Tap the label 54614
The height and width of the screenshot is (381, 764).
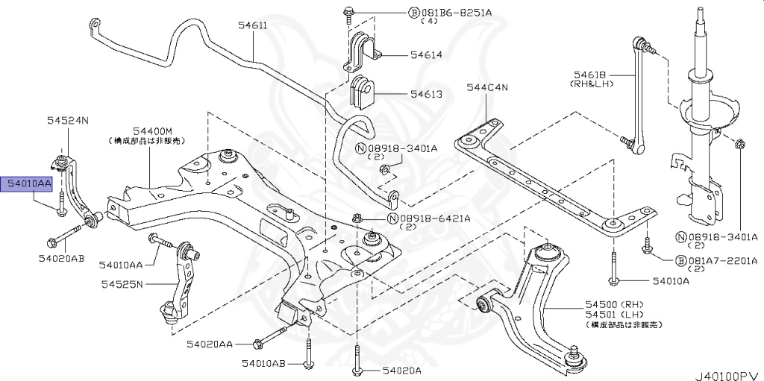[425, 55]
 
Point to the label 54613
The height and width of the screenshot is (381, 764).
[425, 95]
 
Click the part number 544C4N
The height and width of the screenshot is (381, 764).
[486, 87]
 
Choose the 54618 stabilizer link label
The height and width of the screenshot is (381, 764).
[592, 75]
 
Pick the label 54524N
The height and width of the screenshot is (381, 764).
[67, 120]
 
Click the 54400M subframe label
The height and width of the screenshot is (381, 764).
[153, 130]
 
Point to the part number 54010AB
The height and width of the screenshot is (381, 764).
[263, 363]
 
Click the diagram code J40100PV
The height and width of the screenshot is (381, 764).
[728, 371]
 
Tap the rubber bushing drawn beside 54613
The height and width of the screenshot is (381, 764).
[363, 91]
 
